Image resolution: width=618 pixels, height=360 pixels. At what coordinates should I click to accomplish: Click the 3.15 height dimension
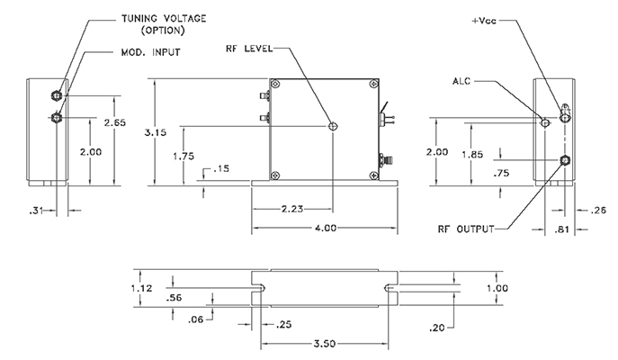(x=157, y=131)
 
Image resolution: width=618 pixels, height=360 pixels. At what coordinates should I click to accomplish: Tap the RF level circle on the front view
(x=334, y=126)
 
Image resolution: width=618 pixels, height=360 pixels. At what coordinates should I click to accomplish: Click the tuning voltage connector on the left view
(x=58, y=95)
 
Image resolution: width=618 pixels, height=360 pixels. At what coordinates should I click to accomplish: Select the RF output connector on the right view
(x=565, y=160)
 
